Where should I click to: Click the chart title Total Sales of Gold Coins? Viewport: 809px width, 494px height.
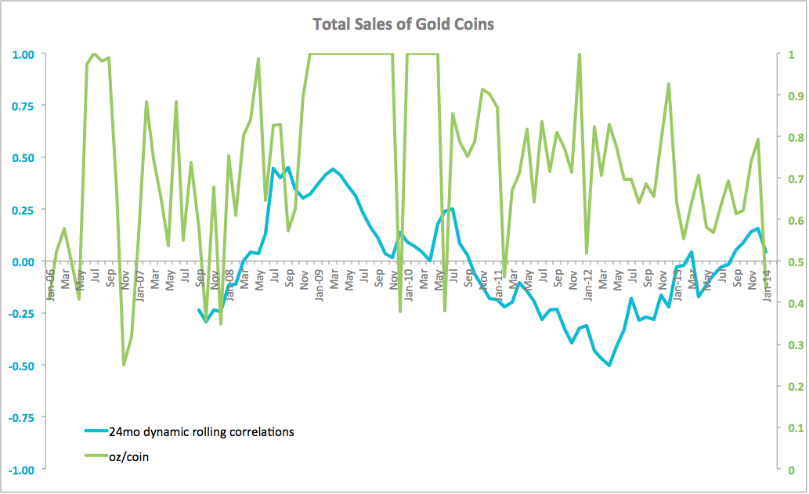tap(403, 24)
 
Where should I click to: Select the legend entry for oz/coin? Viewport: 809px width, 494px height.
tap(130, 457)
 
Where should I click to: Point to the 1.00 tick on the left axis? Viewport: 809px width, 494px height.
tap(23, 54)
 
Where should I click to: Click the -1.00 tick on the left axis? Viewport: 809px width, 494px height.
tap(22, 469)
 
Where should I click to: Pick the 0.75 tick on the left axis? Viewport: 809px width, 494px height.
tap(23, 106)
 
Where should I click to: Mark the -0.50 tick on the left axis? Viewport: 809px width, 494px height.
tap(22, 366)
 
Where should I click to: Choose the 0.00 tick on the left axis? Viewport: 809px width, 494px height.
tap(23, 261)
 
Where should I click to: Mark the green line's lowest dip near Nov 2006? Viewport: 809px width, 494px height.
tap(124, 365)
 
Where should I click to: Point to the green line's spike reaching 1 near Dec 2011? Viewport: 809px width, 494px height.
tap(579, 54)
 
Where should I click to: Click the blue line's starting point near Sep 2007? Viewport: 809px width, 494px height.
tap(199, 309)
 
